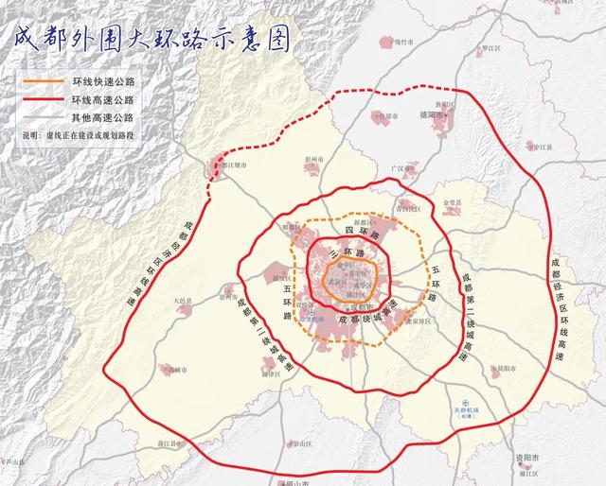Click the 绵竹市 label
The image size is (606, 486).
click(404, 42)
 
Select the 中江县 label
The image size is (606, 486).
click(541, 147)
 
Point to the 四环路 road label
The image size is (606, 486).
click(361, 230)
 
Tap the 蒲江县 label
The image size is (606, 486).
click(169, 443)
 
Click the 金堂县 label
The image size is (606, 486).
click(451, 202)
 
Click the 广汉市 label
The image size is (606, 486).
click(404, 167)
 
